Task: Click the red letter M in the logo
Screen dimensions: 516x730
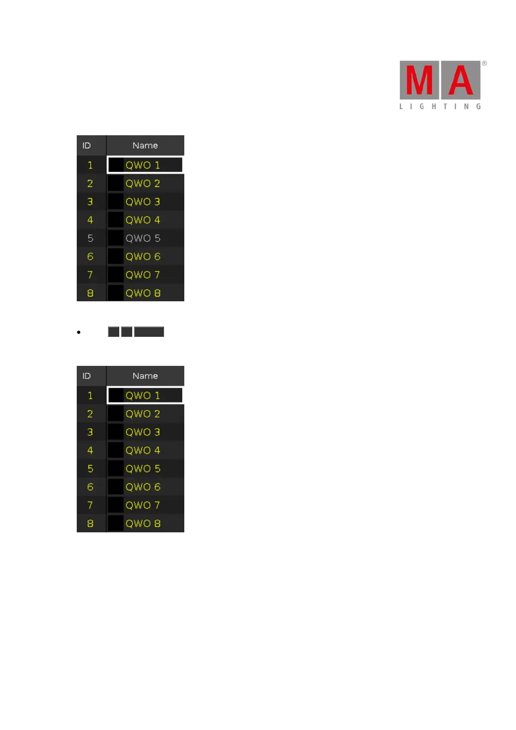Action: (x=419, y=81)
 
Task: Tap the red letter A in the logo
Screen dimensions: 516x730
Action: (x=460, y=81)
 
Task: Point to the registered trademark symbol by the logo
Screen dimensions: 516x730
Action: (x=484, y=63)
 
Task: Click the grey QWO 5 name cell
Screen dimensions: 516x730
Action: (x=143, y=238)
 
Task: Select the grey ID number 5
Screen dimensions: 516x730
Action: (x=90, y=238)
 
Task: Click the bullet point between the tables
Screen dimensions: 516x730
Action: (x=78, y=332)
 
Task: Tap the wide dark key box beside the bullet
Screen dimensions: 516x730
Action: (x=149, y=332)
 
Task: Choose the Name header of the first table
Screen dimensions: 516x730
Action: (x=145, y=146)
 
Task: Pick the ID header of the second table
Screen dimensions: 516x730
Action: (x=87, y=376)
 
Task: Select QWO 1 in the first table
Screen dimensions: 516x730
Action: (x=143, y=165)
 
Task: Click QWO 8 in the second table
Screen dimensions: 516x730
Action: (x=143, y=524)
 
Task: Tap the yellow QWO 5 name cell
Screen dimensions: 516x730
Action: (x=143, y=469)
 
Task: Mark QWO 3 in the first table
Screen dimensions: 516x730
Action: (x=143, y=202)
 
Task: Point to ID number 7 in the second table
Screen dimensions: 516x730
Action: (x=90, y=505)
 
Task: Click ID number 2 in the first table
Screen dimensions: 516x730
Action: (x=90, y=184)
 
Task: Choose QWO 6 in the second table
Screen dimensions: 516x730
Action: (x=143, y=487)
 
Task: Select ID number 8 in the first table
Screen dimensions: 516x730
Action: (x=90, y=293)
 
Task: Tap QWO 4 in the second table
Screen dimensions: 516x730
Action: (x=143, y=450)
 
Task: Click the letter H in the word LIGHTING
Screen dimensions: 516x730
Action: (x=434, y=107)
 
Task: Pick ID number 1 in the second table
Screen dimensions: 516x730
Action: (x=90, y=396)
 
